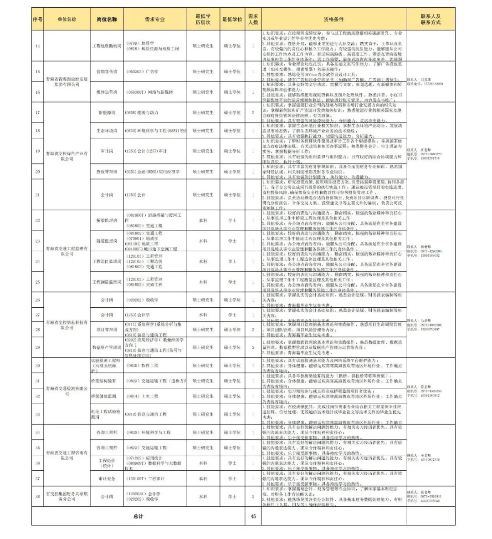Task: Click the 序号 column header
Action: pos(37,20)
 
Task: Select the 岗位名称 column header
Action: pos(107,20)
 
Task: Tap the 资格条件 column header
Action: pos(333,20)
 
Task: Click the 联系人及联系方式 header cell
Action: pos(430,20)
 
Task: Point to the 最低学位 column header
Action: pos(232,20)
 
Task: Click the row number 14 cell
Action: pos(37,46)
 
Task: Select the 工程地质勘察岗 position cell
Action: pos(107,46)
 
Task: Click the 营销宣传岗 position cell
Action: pos(107,71)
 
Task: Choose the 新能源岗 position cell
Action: pos(107,112)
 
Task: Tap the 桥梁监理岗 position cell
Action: pos(107,220)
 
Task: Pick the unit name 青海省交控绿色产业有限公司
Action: pos(67,156)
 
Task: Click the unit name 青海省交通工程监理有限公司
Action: pos(67,251)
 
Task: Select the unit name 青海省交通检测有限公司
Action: pos(67,391)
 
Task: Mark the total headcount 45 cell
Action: pos(253,516)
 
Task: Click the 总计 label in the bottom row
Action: pos(138,516)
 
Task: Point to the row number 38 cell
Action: pos(37,496)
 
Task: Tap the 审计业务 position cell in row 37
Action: pos(107,478)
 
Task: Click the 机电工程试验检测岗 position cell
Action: pos(107,414)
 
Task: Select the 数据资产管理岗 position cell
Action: pos(107,347)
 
